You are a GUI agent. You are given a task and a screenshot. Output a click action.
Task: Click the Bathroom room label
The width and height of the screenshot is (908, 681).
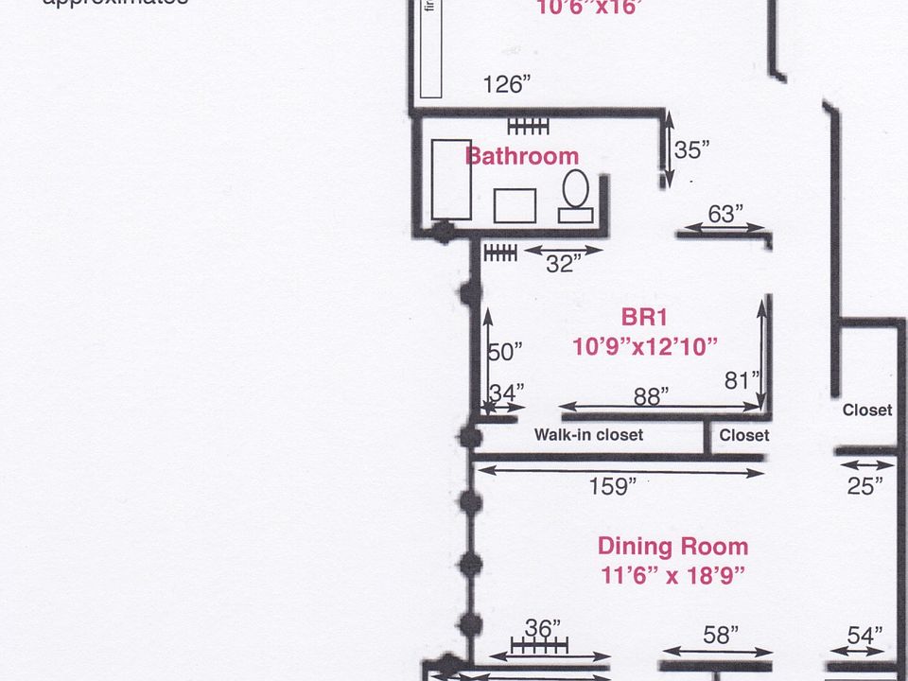(521, 155)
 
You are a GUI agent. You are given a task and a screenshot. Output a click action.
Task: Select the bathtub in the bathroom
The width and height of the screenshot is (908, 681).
(451, 180)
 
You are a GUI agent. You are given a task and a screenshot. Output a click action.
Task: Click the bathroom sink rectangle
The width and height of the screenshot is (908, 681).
(515, 205)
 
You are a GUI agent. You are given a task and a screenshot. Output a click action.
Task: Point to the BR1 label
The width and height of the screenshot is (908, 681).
(645, 317)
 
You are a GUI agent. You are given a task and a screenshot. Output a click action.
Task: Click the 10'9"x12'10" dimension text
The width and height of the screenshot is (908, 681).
(645, 346)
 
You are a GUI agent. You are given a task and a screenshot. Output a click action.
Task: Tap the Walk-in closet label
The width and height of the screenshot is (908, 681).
(588, 435)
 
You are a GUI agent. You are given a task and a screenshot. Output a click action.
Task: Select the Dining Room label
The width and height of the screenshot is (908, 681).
(672, 546)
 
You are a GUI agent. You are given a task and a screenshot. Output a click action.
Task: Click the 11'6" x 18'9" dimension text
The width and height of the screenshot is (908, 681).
(672, 574)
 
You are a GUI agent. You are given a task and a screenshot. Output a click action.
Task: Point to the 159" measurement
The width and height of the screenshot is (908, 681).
(612, 487)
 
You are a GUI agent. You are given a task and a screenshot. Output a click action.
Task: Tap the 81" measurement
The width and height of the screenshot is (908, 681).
(742, 380)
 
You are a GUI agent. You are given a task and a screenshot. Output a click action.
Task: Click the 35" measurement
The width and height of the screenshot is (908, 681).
(691, 149)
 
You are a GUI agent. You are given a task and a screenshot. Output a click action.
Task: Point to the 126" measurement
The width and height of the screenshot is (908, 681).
(506, 84)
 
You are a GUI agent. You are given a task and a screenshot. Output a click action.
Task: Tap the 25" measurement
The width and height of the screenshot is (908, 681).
(865, 485)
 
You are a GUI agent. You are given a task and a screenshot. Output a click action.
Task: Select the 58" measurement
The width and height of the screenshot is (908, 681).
(718, 635)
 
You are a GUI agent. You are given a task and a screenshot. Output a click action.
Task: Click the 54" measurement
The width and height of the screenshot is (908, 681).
(864, 635)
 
